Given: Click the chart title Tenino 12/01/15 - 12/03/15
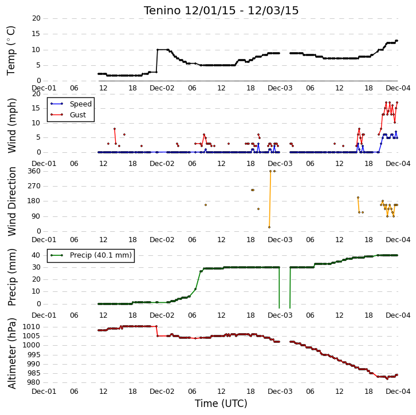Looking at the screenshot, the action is click(x=221, y=11).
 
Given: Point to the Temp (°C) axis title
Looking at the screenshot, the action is click(x=11, y=50).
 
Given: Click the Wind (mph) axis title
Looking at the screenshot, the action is click(x=11, y=125).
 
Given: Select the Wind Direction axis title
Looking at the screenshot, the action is click(x=11, y=201).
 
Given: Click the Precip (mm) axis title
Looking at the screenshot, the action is click(x=11, y=277).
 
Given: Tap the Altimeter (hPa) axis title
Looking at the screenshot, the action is click(x=11, y=353).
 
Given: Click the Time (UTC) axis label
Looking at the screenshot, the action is click(x=221, y=404).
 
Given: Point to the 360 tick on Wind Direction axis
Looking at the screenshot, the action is click(x=34, y=171).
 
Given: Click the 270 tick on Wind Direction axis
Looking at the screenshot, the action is click(x=34, y=186).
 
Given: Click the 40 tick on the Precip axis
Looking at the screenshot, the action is click(x=36, y=255).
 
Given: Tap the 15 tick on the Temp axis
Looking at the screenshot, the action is click(x=36, y=34).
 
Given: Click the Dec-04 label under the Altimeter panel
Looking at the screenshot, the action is click(x=398, y=391).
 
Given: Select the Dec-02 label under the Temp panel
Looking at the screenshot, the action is click(x=162, y=88).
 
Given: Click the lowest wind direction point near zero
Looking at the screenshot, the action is click(x=269, y=227).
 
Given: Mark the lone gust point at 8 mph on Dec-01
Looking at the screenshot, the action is click(x=115, y=129).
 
